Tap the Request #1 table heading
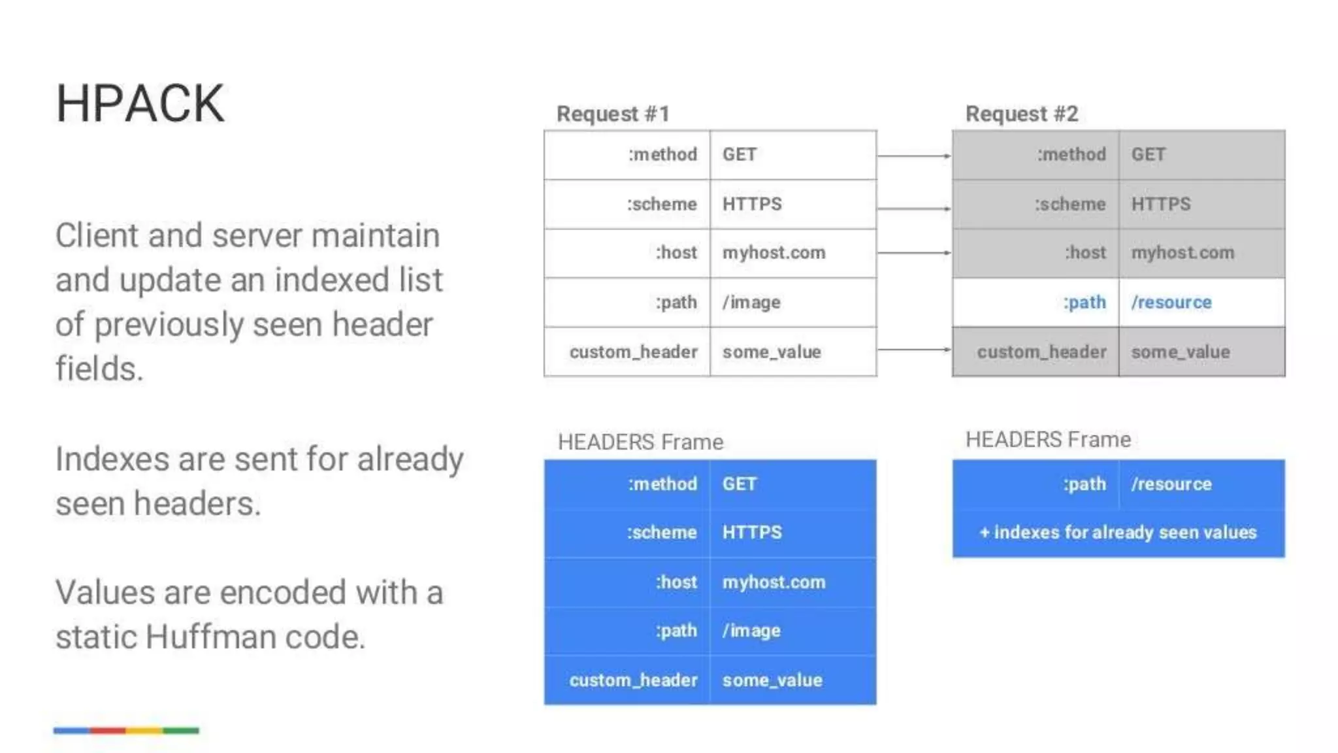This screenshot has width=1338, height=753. pos(613,114)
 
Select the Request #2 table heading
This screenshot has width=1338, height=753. pos(1021,114)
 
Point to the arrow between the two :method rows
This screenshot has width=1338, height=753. pos(913,156)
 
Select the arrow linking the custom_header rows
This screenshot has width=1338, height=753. pos(913,350)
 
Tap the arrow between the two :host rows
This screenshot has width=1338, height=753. pos(913,252)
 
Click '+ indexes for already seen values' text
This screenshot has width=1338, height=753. pos(1118,532)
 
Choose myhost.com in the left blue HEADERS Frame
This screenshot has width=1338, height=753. pos(774,582)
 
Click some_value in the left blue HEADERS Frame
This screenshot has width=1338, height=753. pos(772,680)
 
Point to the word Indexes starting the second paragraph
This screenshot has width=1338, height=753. pos(112,459)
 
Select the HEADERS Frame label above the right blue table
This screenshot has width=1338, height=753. pos(1048,439)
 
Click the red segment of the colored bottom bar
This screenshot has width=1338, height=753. pos(108,730)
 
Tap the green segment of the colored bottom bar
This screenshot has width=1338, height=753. pos(181,730)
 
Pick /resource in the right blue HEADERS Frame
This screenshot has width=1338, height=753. pos(1171,484)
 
